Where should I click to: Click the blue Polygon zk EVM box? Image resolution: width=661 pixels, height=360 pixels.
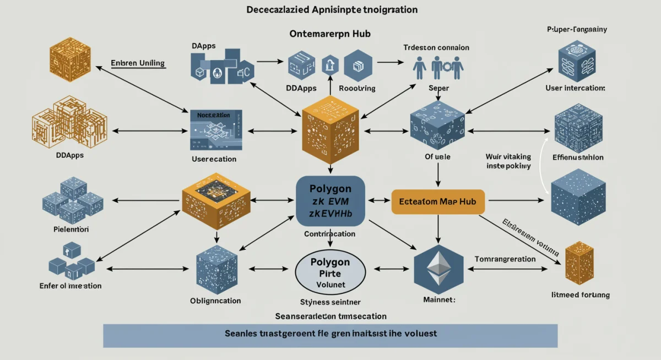330,201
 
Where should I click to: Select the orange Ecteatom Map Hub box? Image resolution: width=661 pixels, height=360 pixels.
438,202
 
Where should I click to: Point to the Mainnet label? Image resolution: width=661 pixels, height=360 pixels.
439,301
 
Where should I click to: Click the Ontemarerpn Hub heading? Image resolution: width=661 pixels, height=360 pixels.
330,34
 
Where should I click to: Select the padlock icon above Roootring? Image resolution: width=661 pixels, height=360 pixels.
330,64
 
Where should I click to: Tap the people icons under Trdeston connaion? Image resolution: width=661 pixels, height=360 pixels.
438,69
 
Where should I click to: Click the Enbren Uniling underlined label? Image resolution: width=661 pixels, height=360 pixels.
138,63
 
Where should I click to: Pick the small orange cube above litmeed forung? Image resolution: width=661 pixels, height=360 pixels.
579,261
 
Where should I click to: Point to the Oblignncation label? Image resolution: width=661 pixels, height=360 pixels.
215,301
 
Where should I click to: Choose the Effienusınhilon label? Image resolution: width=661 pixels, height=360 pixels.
578,157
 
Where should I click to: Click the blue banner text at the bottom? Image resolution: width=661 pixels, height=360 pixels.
330,334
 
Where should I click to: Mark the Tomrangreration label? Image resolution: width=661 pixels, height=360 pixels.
505,259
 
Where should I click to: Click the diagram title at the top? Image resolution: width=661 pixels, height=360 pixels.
330,10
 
